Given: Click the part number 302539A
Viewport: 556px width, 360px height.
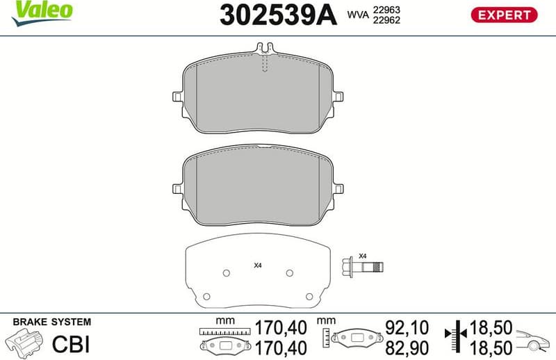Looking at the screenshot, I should coord(277,15).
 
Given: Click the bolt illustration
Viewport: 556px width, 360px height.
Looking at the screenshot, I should coord(363,266).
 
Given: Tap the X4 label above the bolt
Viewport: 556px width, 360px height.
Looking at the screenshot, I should coord(362,255).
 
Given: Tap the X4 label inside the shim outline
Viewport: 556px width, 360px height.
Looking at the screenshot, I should coord(257,265).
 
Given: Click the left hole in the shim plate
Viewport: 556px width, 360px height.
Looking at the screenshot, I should coord(224,273).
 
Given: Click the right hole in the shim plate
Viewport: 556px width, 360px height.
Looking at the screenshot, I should coord(291,273).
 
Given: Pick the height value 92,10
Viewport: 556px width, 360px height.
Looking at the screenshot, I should coord(404,326).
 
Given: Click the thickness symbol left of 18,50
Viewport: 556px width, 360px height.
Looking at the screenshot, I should coord(455,336).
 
